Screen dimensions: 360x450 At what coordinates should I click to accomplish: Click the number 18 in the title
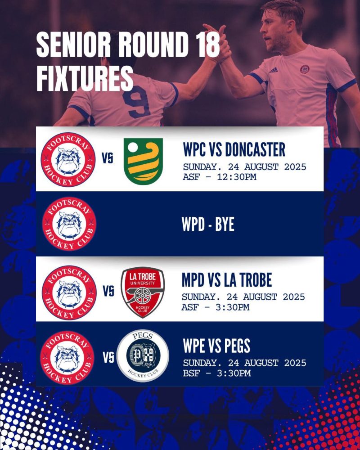(x=205, y=45)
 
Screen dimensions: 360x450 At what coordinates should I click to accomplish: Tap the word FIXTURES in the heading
(x=85, y=78)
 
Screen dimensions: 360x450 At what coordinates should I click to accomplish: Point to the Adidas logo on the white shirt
(x=273, y=70)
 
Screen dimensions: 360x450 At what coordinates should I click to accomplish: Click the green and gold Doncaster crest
(x=143, y=161)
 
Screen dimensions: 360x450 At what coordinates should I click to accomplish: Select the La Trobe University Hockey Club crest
(x=143, y=292)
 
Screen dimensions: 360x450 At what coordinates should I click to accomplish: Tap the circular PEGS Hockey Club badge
(x=143, y=355)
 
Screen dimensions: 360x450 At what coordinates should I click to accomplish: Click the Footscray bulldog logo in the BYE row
(x=69, y=224)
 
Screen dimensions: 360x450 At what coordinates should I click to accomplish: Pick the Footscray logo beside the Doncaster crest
(x=68, y=160)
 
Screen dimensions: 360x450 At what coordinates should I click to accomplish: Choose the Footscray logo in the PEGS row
(x=67, y=358)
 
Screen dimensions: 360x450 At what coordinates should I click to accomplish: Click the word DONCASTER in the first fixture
(x=255, y=149)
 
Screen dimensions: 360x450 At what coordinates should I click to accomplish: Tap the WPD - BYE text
(x=208, y=224)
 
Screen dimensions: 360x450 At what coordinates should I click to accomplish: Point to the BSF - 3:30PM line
(x=217, y=373)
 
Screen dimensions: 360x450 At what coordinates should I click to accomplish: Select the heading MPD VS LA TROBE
(x=227, y=280)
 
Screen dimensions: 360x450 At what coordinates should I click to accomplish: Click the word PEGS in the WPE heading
(x=237, y=346)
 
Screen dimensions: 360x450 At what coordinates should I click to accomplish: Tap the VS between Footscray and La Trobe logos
(x=108, y=291)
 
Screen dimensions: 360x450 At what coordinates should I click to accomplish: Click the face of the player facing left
(x=273, y=31)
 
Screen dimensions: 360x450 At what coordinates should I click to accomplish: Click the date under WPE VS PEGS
(x=245, y=363)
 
